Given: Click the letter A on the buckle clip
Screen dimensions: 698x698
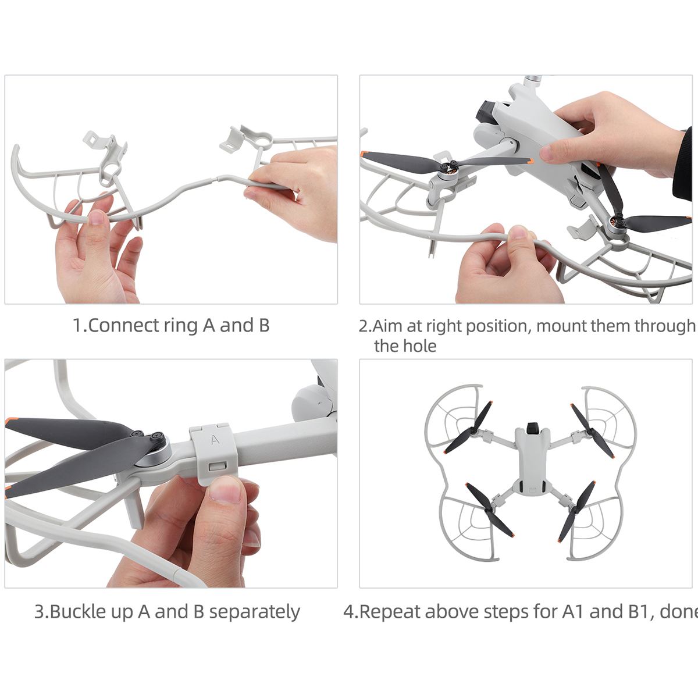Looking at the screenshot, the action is (215, 440).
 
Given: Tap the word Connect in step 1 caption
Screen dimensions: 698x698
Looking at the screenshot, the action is (123, 325).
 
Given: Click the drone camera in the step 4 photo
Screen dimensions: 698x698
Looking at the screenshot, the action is (532, 428).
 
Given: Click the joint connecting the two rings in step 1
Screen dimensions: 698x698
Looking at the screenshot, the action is (215, 178).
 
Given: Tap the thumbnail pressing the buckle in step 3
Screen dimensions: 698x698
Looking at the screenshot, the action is (225, 489).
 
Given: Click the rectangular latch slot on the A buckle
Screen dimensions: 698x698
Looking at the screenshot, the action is (218, 466).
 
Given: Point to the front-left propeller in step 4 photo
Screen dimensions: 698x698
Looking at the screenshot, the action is (468, 428).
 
